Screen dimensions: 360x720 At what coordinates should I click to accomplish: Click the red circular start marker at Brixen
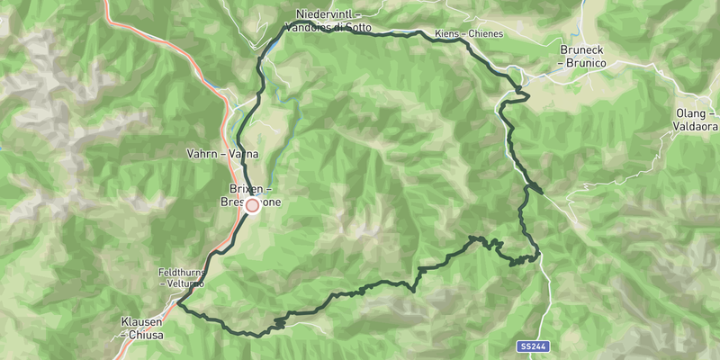(253, 205)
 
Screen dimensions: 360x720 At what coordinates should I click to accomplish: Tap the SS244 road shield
(533, 346)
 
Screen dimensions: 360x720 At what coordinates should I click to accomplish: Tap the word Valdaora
(696, 127)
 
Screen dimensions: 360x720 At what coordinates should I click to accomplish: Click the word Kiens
(447, 34)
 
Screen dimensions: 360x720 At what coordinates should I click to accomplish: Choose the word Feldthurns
(182, 271)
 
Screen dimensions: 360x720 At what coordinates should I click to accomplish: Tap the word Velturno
(184, 283)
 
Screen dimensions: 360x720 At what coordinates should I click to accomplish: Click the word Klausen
(141, 321)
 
